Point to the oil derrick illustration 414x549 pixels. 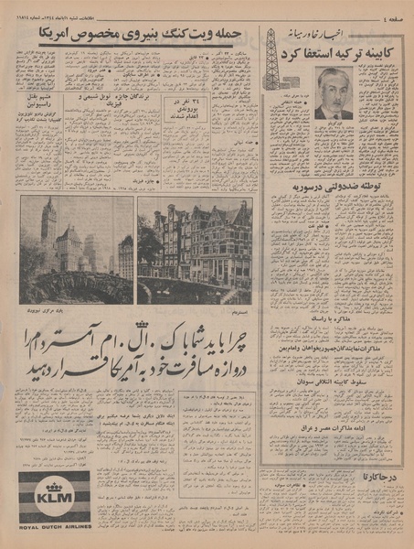tap(271, 59)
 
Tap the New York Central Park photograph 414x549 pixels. tap(76, 250)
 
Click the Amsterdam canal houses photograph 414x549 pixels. tap(195, 250)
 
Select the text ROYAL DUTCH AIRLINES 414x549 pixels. tap(54, 527)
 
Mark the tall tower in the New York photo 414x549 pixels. tap(48, 224)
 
